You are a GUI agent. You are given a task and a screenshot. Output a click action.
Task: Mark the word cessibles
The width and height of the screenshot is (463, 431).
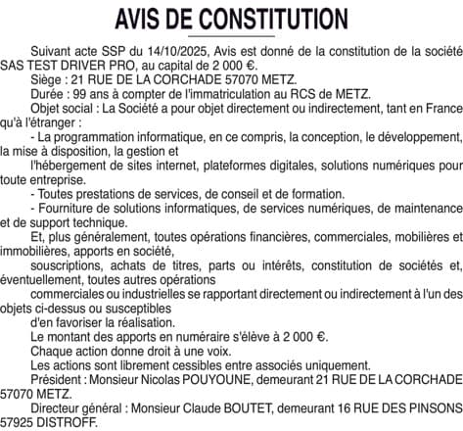coord(192,364)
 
